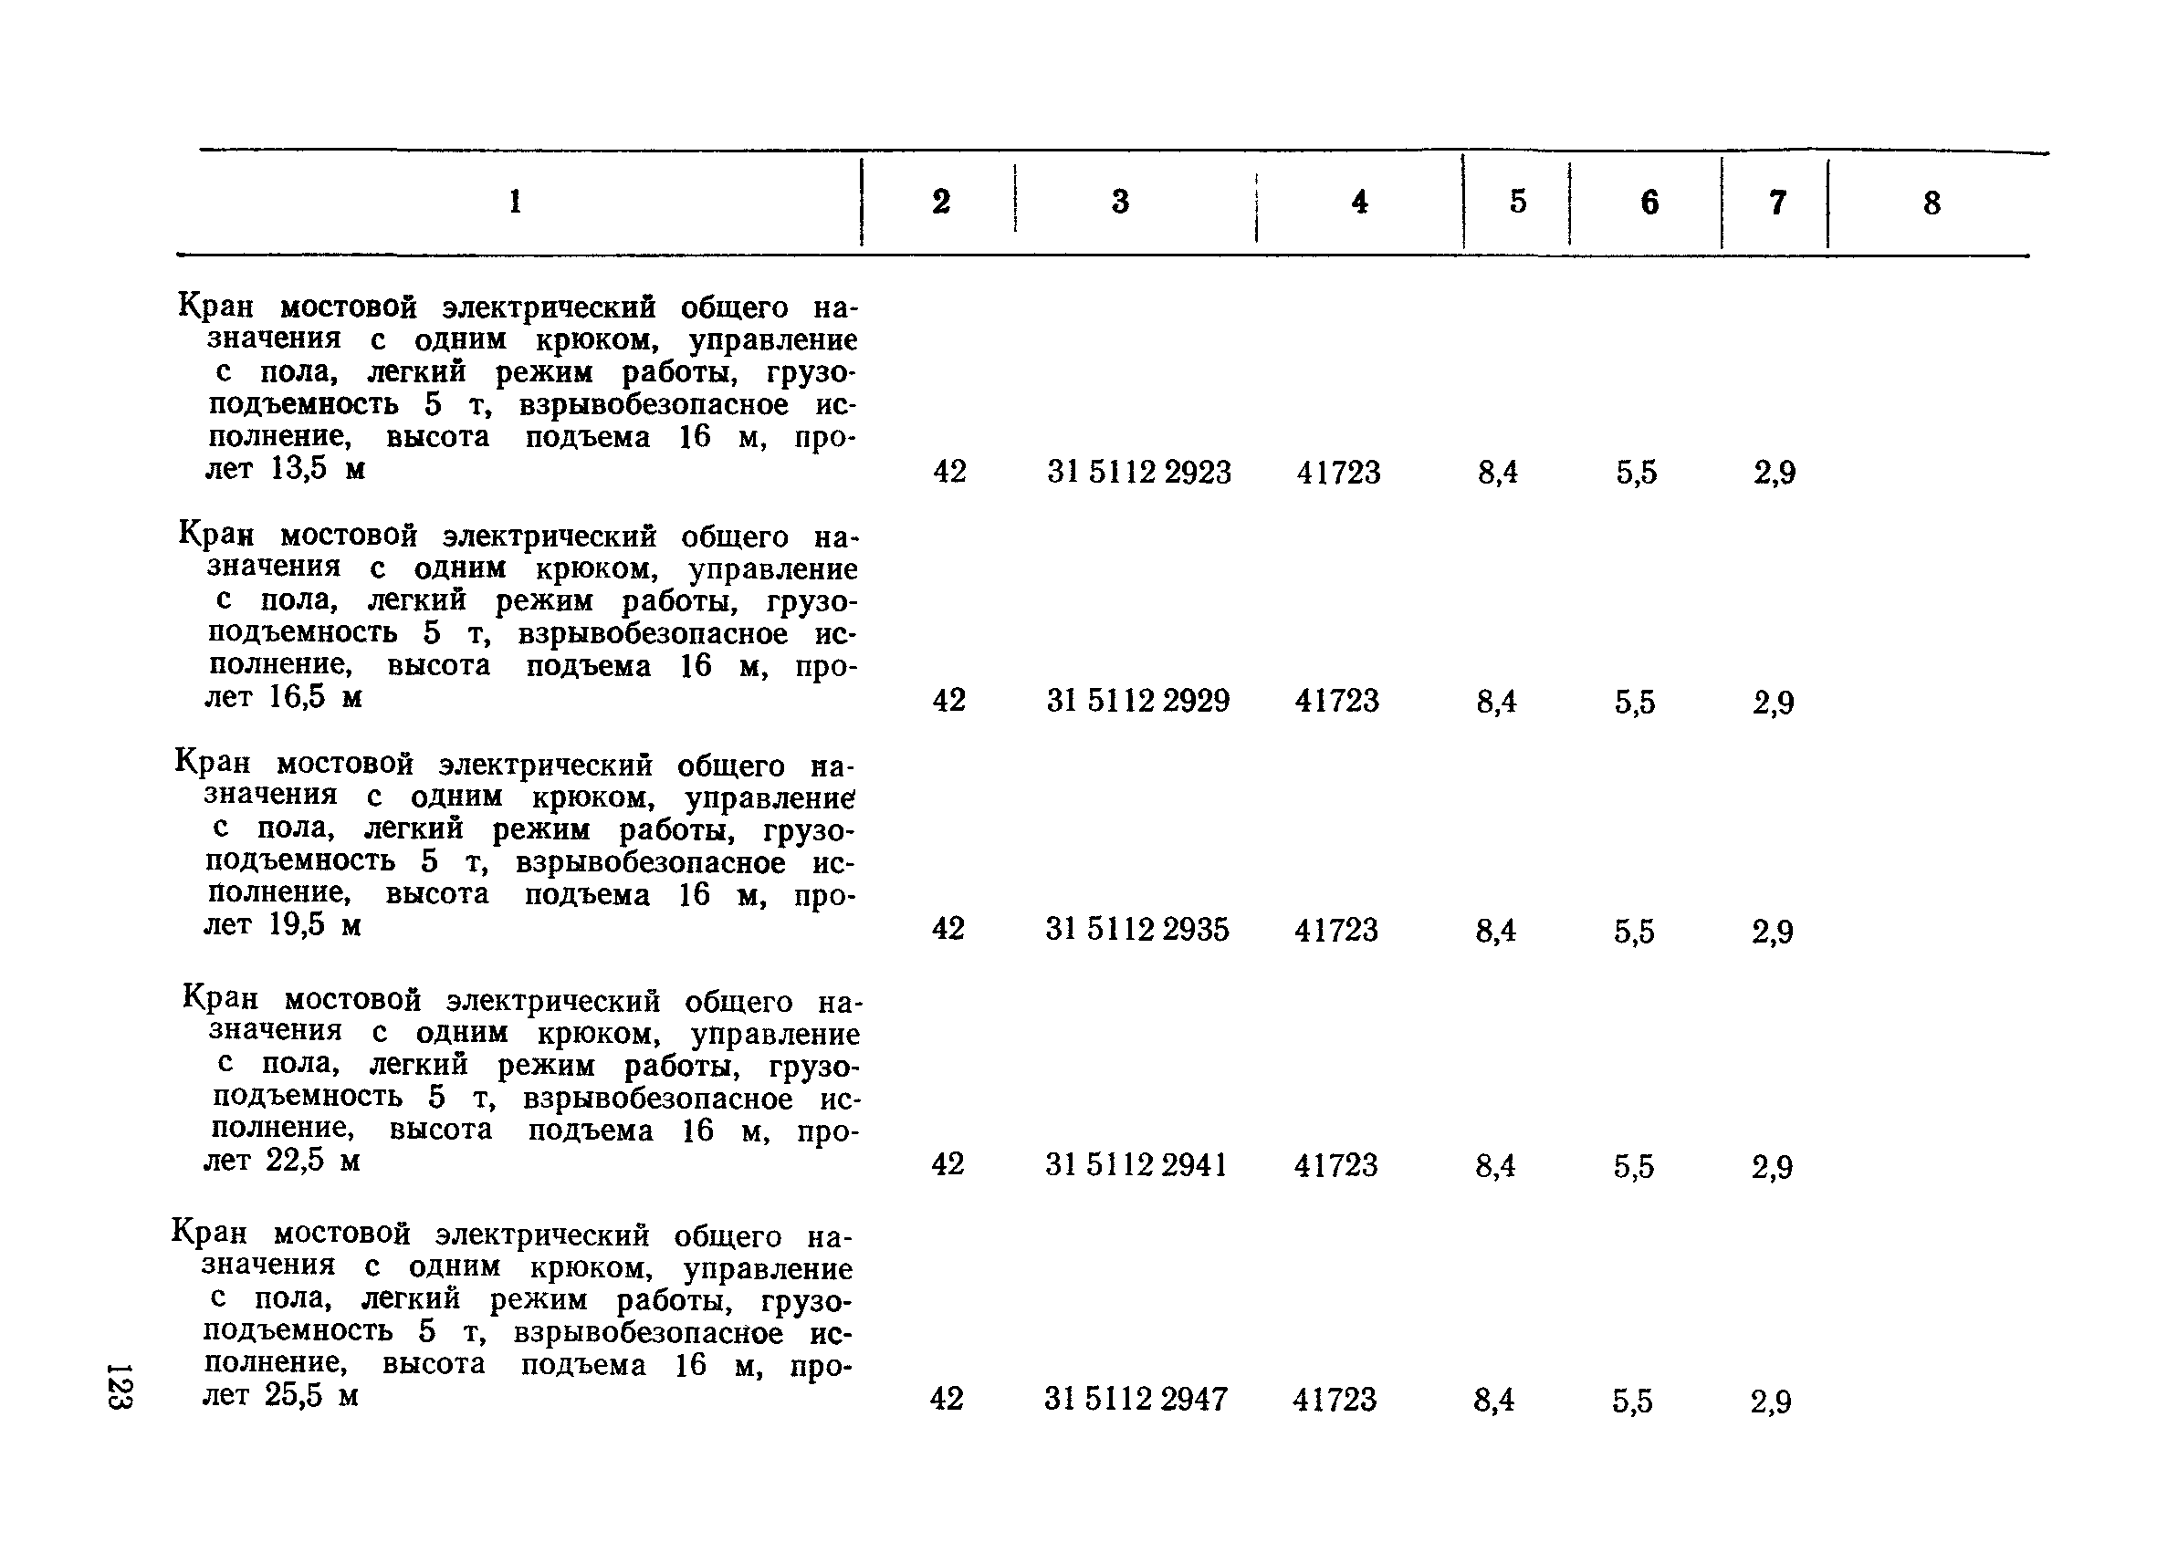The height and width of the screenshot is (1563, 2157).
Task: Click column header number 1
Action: click(x=515, y=202)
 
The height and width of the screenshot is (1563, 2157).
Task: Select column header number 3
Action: click(x=1120, y=202)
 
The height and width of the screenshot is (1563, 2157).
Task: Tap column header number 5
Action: click(x=1518, y=202)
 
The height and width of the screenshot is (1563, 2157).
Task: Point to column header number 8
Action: click(x=1932, y=203)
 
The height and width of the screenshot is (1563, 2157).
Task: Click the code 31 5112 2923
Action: click(x=1138, y=473)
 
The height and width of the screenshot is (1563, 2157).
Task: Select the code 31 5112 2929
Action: click(x=1137, y=702)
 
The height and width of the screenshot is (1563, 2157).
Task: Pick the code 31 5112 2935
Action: click(x=1136, y=930)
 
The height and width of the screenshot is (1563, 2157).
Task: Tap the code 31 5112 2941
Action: click(x=1136, y=1165)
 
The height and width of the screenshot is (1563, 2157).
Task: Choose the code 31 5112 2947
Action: click(x=1136, y=1400)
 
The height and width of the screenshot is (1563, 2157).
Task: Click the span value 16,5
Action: click(x=298, y=698)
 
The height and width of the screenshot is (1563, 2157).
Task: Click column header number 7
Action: click(x=1776, y=203)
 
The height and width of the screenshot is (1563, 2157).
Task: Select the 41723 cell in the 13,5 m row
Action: click(x=1338, y=473)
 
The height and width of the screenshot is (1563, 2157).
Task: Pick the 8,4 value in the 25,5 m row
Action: click(x=1494, y=1401)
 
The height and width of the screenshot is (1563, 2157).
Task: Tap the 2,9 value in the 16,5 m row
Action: click(x=1774, y=703)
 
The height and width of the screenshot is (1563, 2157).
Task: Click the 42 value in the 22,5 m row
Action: click(x=948, y=1164)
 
